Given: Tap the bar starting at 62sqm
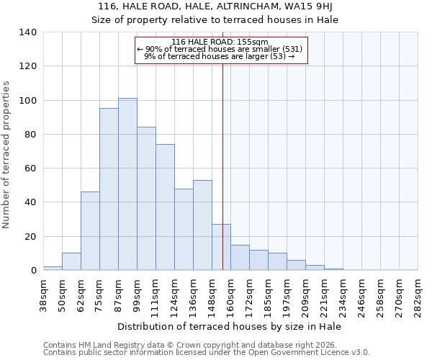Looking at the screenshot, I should [x=90, y=231].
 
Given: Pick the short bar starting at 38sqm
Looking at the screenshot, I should [x=53, y=268].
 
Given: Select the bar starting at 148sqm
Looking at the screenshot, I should [x=221, y=247].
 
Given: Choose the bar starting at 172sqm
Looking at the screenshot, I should [x=258, y=260].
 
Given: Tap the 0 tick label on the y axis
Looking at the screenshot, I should [x=33, y=271].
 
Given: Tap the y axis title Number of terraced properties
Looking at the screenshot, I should [x=6, y=154].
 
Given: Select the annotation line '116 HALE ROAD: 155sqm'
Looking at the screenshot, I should [x=220, y=42].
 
